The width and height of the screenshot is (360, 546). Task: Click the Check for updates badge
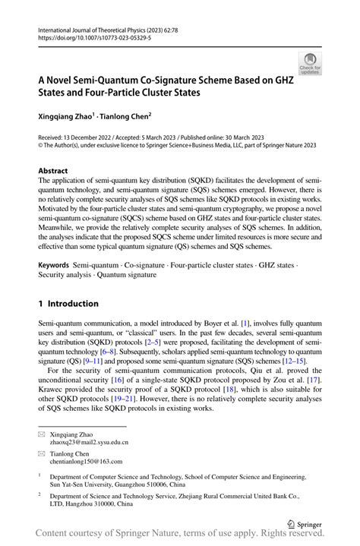pyautogui.click(x=309, y=64)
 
